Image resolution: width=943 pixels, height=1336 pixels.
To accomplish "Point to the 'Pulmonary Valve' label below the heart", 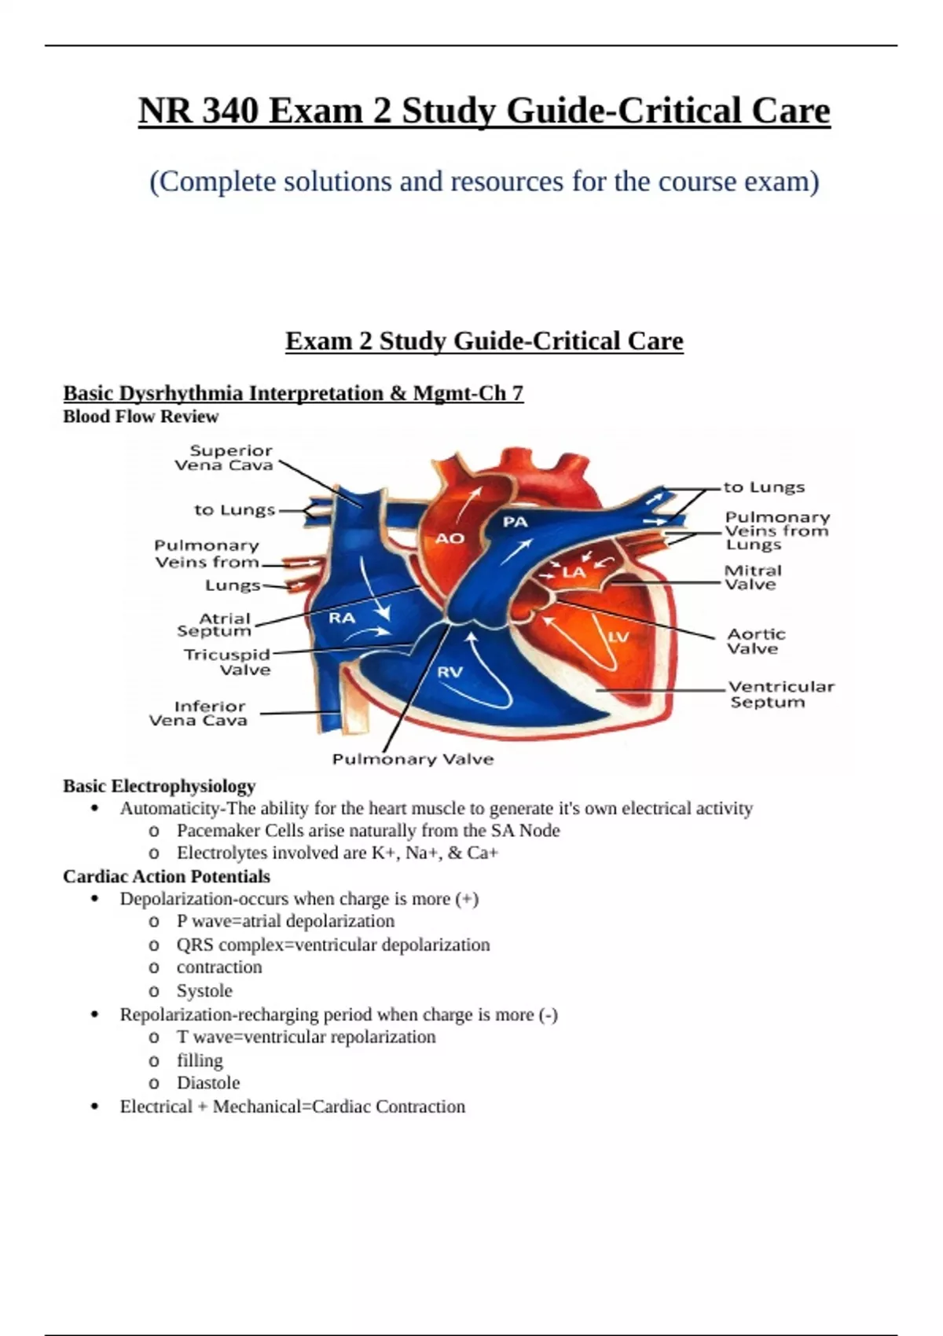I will tap(413, 759).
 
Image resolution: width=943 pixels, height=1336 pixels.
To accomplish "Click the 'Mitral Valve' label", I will tap(752, 578).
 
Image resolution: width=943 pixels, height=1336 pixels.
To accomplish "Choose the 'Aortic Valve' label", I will tap(755, 641).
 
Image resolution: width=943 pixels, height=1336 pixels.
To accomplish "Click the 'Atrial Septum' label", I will tap(215, 625).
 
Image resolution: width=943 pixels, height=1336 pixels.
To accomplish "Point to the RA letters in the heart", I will tap(342, 618).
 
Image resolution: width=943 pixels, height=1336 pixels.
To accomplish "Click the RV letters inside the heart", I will tap(449, 672).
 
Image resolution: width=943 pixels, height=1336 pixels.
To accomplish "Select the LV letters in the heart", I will tap(618, 637).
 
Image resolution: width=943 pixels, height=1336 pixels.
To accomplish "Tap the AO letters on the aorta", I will tap(450, 538).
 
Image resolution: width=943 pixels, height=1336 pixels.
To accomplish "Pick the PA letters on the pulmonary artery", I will tap(515, 522).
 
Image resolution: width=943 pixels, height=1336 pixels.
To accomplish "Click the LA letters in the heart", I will tap(574, 572).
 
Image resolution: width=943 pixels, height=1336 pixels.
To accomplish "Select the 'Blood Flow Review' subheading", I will tap(141, 417).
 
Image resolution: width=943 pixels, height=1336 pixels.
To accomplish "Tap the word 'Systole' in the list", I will tap(204, 991).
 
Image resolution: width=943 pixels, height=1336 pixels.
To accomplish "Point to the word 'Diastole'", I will tap(208, 1083).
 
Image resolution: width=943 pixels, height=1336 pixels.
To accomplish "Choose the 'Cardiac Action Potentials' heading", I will tap(167, 876).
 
